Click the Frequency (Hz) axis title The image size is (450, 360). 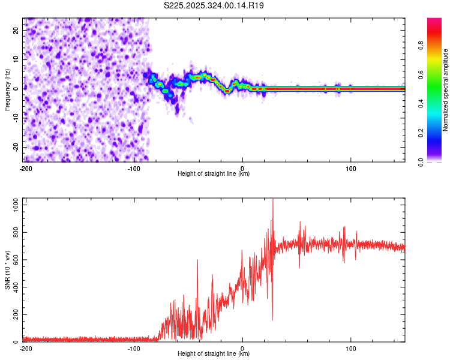click(8, 89)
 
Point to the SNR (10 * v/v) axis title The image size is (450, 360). click(8, 270)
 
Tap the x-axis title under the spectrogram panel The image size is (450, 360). click(214, 174)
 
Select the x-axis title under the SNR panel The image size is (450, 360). click(214, 354)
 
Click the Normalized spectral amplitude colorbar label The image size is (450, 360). click(446, 90)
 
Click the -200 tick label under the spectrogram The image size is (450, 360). click(25, 168)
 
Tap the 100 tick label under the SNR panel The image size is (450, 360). click(350, 348)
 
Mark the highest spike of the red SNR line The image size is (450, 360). click(273, 199)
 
